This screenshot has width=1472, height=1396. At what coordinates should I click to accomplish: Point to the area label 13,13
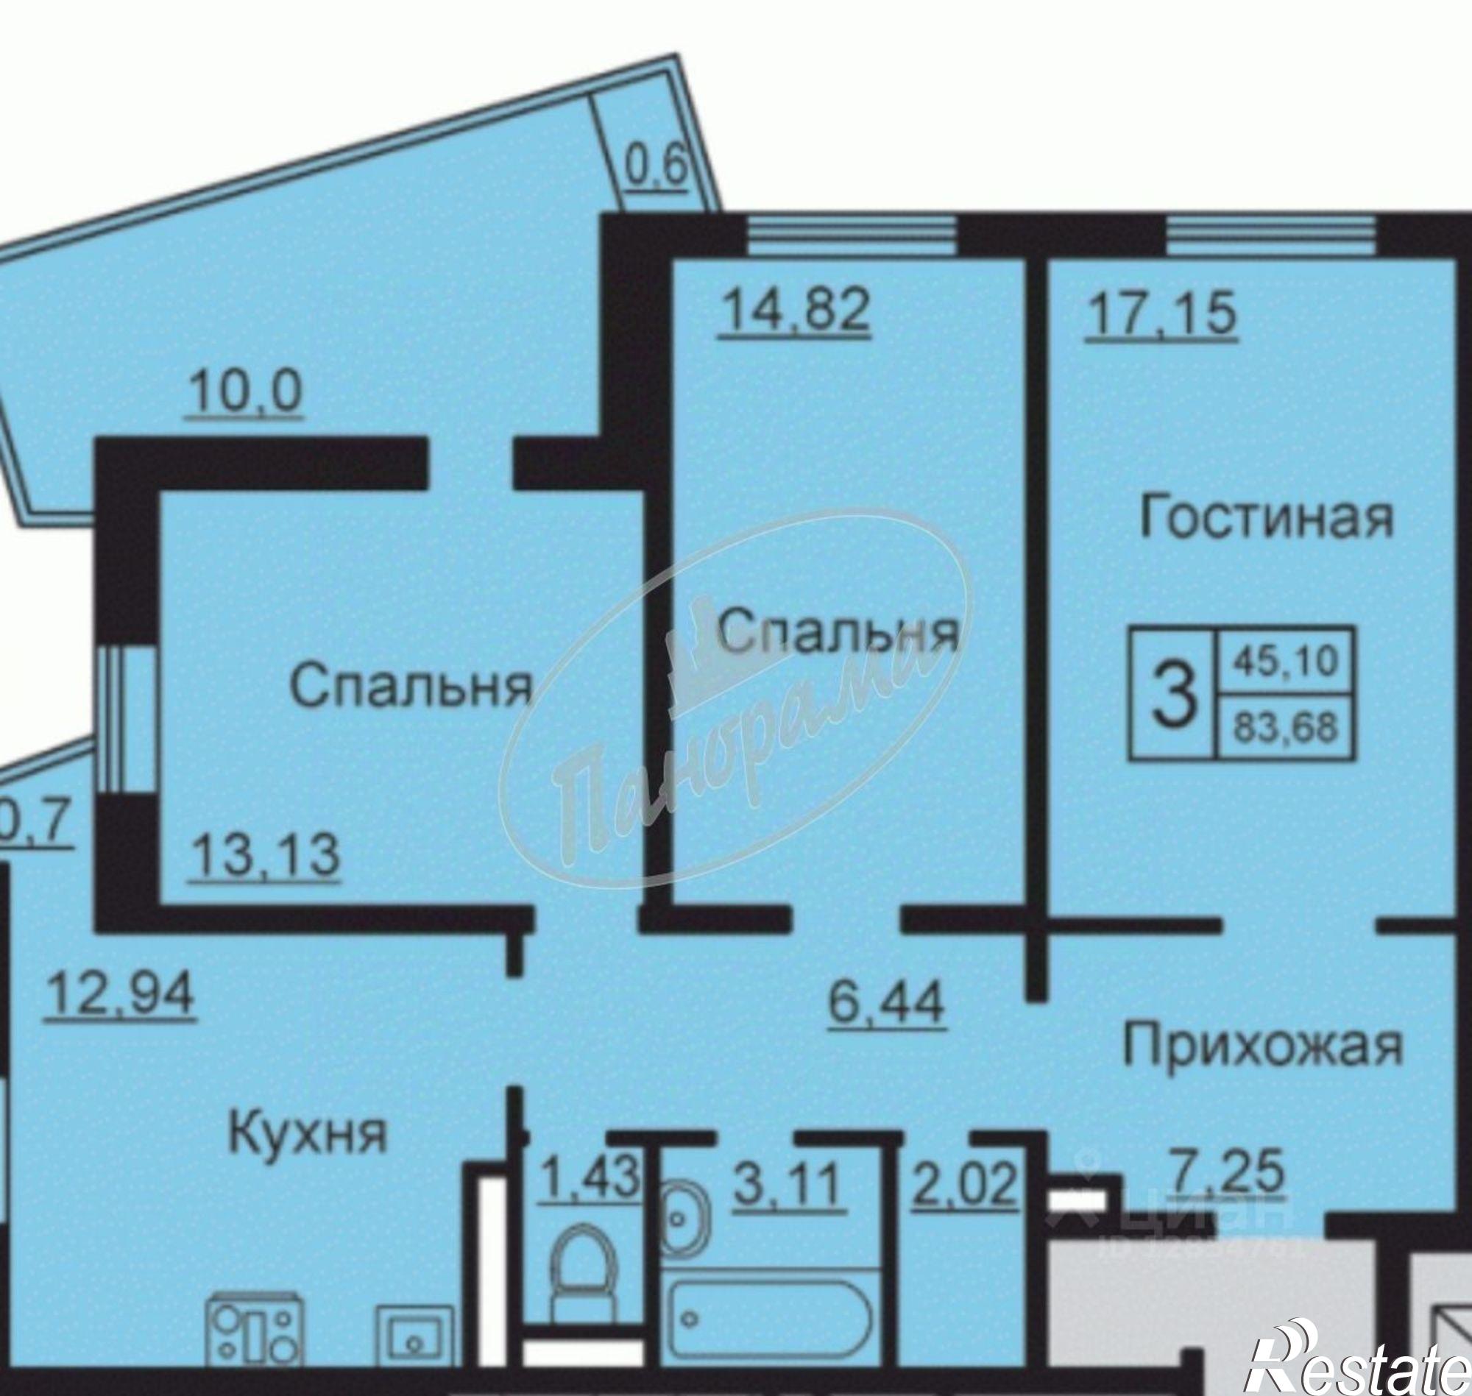pos(265,855)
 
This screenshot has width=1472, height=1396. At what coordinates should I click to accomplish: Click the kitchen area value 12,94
pos(121,993)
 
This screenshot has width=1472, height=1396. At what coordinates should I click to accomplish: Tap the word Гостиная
pos(1266,519)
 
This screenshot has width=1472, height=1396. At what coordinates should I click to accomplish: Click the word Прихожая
pos(1262,1046)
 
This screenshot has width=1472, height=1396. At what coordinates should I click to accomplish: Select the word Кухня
pos(307,1135)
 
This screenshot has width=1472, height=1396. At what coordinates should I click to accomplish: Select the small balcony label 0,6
pos(656,169)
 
